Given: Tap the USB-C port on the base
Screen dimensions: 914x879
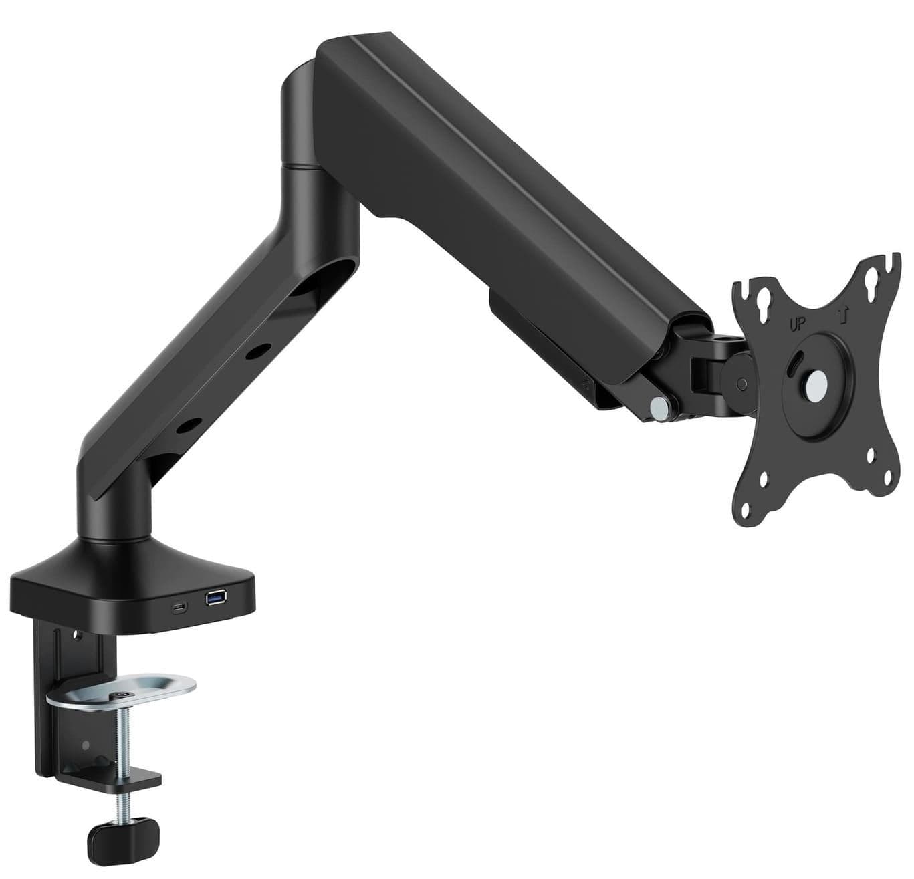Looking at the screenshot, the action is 179,607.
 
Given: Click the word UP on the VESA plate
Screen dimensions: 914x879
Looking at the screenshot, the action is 797,324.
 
